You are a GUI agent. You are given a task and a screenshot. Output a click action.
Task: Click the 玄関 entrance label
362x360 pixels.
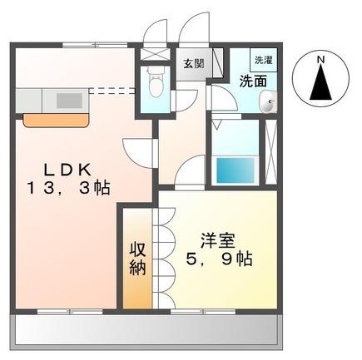[192, 64]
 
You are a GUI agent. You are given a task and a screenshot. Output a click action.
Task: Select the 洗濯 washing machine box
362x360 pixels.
[264, 61]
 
